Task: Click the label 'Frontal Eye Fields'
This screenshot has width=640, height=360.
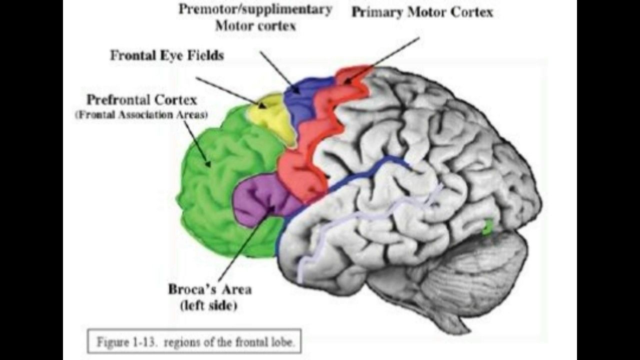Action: click(166, 55)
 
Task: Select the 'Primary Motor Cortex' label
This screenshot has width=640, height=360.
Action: click(422, 12)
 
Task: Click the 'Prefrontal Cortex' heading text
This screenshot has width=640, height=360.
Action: click(141, 98)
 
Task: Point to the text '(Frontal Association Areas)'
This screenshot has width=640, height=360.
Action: click(141, 114)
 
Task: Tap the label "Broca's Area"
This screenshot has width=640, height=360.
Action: click(209, 289)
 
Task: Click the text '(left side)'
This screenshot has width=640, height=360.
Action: click(209, 305)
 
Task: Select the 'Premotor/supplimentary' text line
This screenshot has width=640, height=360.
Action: click(255, 9)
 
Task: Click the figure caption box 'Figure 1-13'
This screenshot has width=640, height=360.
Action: click(194, 342)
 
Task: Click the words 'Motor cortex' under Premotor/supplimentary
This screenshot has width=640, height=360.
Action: click(255, 25)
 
